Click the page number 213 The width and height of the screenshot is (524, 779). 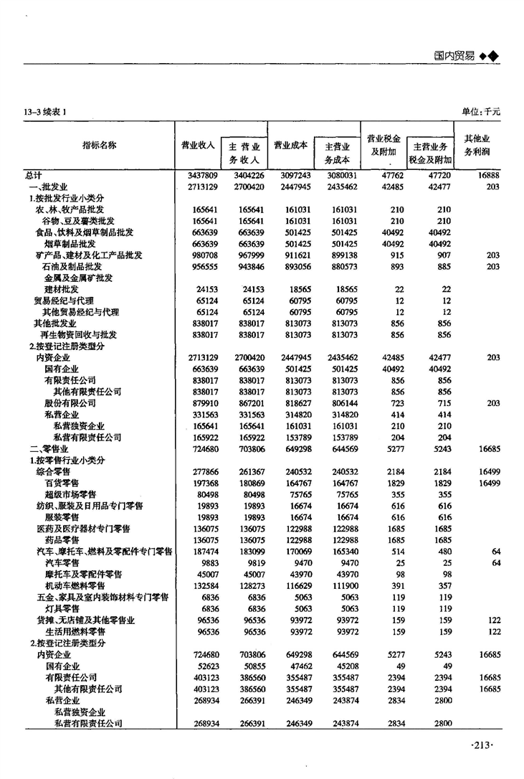pos(483,746)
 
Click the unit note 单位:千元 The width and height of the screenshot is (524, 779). pos(480,111)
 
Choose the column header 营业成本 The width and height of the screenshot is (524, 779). pos(291,144)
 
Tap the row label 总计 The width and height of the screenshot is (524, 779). pos(33,175)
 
